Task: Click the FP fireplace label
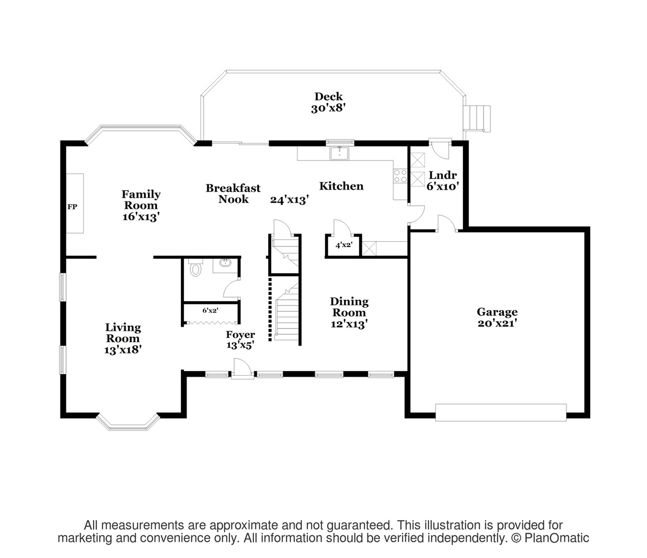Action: (72, 207)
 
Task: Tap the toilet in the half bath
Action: (196, 268)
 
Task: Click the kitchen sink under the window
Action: (340, 153)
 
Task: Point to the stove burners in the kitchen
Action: (400, 176)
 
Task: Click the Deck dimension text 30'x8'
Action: (328, 109)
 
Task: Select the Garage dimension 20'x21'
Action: (497, 323)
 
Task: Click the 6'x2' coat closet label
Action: (210, 311)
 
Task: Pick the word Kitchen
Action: (341, 186)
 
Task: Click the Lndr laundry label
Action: (442, 175)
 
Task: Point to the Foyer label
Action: (240, 335)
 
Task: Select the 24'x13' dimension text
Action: (289, 199)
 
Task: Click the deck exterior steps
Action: (476, 119)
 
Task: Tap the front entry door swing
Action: (242, 369)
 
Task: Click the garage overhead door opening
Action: (501, 412)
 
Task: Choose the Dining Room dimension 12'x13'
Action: (349, 324)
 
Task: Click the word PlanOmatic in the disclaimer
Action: (557, 538)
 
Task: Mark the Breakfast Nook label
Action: (233, 194)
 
